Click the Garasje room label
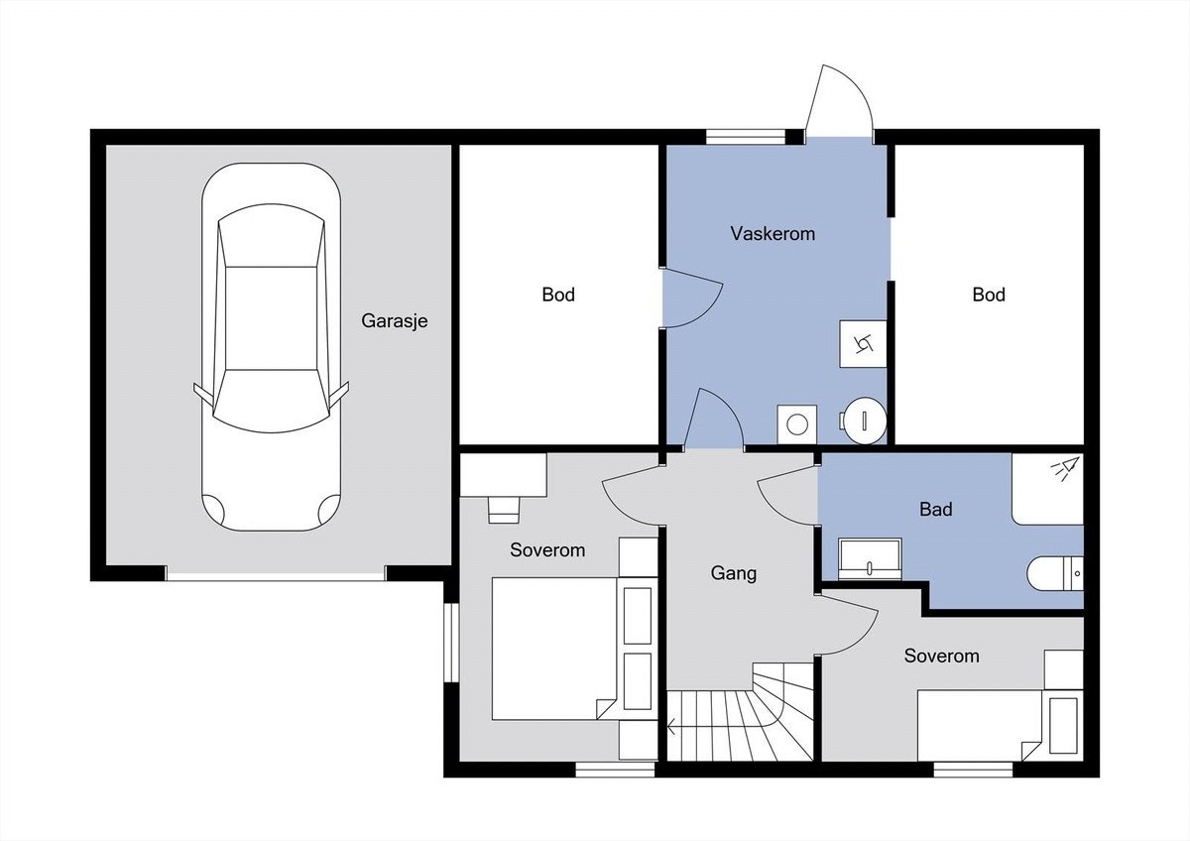click(x=395, y=321)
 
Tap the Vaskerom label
click(x=773, y=234)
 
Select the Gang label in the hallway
click(x=734, y=573)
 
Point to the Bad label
click(x=935, y=510)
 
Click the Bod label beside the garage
click(x=558, y=295)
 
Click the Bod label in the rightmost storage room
click(x=989, y=295)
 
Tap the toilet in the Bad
click(x=1055, y=574)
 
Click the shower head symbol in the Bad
click(x=1065, y=468)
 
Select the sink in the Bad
click(x=870, y=559)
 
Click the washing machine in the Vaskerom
click(x=797, y=424)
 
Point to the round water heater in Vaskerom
click(x=866, y=420)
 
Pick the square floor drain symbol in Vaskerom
click(x=864, y=344)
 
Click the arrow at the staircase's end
click(x=672, y=726)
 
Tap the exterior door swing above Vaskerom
click(x=839, y=101)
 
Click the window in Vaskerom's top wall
click(x=746, y=137)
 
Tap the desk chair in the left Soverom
click(x=503, y=510)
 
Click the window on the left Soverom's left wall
click(x=451, y=643)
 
